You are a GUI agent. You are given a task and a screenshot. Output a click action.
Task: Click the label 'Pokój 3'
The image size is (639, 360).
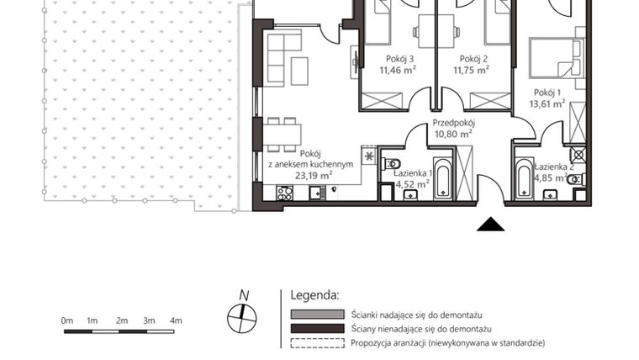(399, 58)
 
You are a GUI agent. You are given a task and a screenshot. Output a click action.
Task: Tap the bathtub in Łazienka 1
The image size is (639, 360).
(442, 177)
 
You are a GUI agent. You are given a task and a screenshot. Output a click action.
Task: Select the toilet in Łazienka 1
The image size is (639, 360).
(393, 164)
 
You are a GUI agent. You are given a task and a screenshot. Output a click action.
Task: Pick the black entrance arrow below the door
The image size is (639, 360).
(490, 224)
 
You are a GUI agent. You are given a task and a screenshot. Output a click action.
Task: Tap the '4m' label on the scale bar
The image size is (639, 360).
(176, 320)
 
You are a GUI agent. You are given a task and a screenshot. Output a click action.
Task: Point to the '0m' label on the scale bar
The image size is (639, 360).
(67, 320)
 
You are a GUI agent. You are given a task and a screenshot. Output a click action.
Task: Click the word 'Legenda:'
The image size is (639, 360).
(314, 296)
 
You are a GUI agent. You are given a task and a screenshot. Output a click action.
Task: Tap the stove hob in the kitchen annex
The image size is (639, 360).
(284, 193)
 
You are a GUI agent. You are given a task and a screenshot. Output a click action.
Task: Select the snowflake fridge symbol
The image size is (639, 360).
(368, 156)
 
